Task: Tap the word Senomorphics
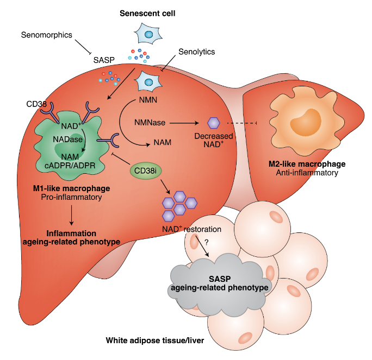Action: (46, 35)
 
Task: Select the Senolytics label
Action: (196, 52)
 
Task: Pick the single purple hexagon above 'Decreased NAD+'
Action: (214, 123)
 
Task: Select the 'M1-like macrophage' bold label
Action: (72, 188)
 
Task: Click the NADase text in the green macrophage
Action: (64, 140)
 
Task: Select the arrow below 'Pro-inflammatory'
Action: (71, 216)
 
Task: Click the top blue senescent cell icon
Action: (145, 35)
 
